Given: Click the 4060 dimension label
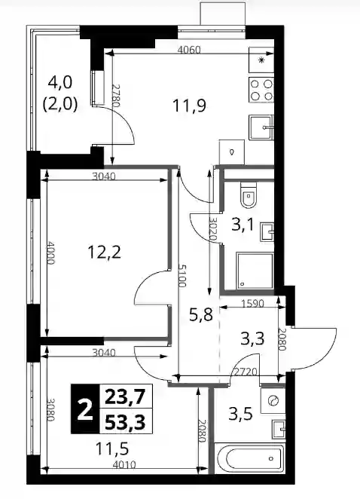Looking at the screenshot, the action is (189, 50).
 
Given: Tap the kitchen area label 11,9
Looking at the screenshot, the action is (189, 106).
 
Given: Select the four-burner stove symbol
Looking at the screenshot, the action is (261, 90).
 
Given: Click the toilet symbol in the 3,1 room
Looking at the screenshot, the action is (248, 194).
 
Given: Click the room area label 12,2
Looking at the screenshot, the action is (105, 253).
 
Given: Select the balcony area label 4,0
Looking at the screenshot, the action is (60, 82).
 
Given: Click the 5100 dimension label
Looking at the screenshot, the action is (182, 276).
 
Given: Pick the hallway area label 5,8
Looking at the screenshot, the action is (200, 314).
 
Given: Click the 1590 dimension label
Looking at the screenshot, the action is (252, 304).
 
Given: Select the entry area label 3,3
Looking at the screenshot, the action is (252, 338).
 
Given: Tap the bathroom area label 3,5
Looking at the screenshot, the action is (241, 414).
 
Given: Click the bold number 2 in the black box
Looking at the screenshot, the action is (85, 409).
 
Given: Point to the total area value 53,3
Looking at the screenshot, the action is (125, 422).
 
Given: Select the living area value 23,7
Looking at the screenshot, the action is (125, 396).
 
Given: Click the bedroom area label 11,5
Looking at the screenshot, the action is (112, 448).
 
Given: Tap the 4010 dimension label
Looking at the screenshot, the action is (124, 465).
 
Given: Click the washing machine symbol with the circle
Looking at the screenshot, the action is (273, 400).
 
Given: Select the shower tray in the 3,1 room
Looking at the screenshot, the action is (255, 271).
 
